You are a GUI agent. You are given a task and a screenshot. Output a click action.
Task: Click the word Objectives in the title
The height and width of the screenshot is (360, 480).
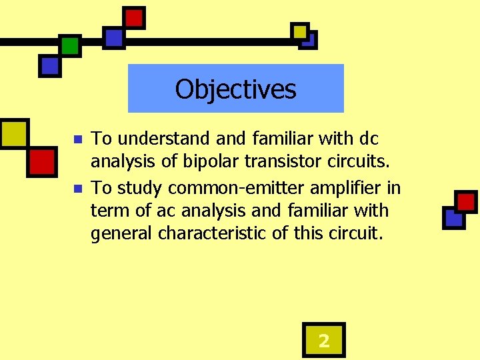(235, 89)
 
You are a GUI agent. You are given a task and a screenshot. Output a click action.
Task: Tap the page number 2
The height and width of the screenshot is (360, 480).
(323, 341)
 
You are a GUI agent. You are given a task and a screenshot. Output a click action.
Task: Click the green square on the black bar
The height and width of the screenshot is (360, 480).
(69, 45)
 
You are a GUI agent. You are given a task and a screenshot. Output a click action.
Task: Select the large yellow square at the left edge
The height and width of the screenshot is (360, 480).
(13, 133)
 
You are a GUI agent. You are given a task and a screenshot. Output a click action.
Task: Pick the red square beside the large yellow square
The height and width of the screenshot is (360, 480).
(41, 161)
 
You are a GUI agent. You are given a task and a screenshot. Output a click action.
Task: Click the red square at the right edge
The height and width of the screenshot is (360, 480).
(465, 201)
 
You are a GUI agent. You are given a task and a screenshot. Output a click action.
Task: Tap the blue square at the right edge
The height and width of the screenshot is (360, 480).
(453, 217)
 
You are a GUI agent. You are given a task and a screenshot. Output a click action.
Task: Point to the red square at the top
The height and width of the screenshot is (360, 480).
(134, 18)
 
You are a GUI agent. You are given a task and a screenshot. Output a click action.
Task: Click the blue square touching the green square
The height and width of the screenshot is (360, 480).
(49, 65)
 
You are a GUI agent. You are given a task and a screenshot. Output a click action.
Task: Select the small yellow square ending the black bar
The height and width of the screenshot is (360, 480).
(300, 31)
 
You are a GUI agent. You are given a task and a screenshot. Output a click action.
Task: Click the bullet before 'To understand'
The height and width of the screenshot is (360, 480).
(77, 140)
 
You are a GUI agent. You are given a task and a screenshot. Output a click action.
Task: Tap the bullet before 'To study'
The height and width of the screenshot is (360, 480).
(77, 189)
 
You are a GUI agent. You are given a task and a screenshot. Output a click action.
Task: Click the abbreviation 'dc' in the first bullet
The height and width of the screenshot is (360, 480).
(369, 139)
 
